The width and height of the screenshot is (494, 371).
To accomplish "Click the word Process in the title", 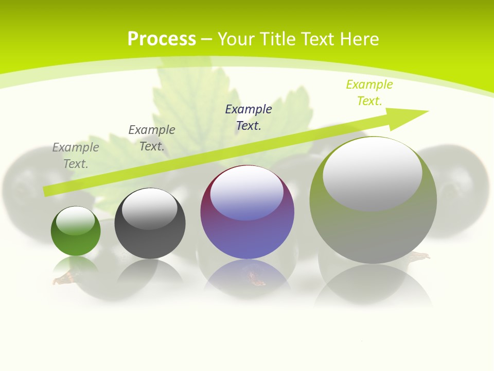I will pos(162,39).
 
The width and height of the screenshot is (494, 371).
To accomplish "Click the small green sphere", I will pos(76,231).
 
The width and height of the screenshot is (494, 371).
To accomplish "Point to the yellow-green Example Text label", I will pos(369,93).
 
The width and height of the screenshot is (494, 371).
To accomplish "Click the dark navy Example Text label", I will pos(249,117).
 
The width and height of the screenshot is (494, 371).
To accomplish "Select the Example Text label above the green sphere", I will pos(76,155).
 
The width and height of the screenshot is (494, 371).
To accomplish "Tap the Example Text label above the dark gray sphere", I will pos(152,138).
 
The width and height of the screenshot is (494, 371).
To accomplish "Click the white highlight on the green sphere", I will pos(76,221).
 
